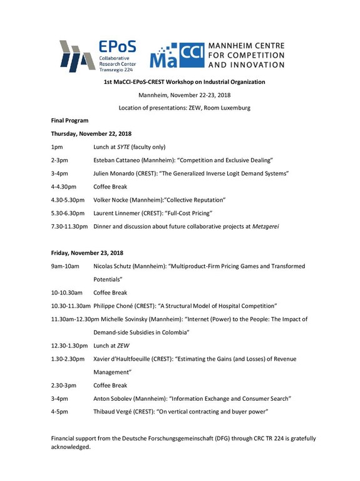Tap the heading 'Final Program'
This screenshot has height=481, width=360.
pyautogui.click(x=69, y=120)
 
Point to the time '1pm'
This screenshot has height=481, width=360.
pyautogui.click(x=56, y=147)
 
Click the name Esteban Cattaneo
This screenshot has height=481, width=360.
pyautogui.click(x=117, y=160)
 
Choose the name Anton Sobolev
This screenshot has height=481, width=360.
pyautogui.click(x=114, y=398)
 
